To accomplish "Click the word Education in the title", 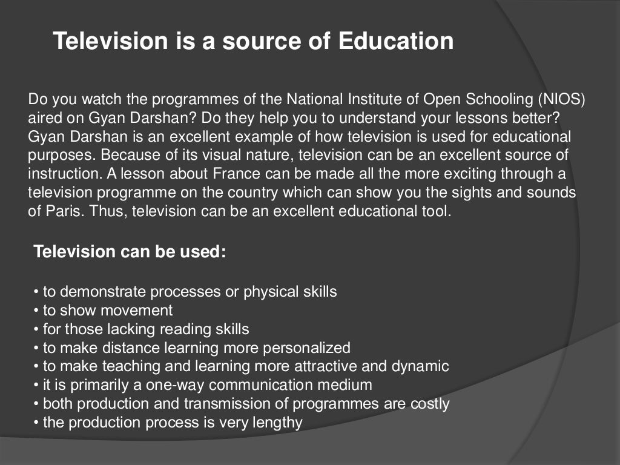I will tap(395, 42).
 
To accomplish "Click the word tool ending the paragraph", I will tap(440, 212).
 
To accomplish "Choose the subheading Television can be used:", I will tap(130, 251).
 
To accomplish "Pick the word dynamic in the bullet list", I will tap(420, 366).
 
